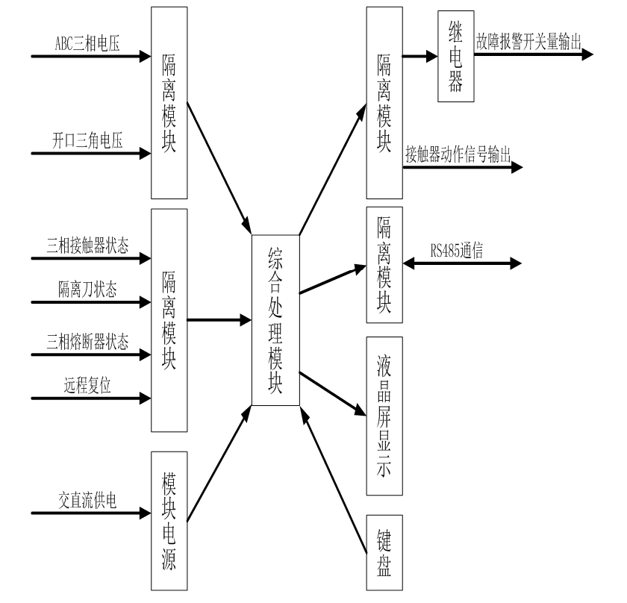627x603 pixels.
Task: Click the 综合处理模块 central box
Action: click(x=275, y=320)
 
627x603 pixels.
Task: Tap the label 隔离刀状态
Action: click(x=87, y=290)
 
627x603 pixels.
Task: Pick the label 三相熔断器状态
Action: click(x=87, y=343)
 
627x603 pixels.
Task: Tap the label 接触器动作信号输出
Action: click(x=458, y=154)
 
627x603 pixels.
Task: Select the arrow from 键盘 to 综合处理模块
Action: click(x=336, y=484)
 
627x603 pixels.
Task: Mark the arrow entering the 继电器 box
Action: click(x=419, y=54)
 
